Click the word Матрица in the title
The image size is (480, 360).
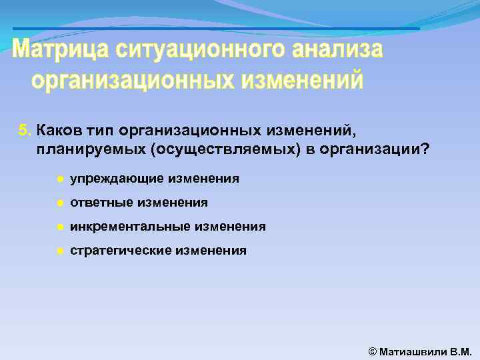(x=61, y=50)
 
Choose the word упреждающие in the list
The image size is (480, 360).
(x=116, y=179)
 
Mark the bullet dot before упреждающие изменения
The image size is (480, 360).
(x=59, y=179)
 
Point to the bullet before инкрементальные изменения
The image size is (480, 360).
(x=59, y=227)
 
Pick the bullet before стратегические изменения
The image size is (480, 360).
(x=59, y=251)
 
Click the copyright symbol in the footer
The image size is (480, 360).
(x=373, y=350)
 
